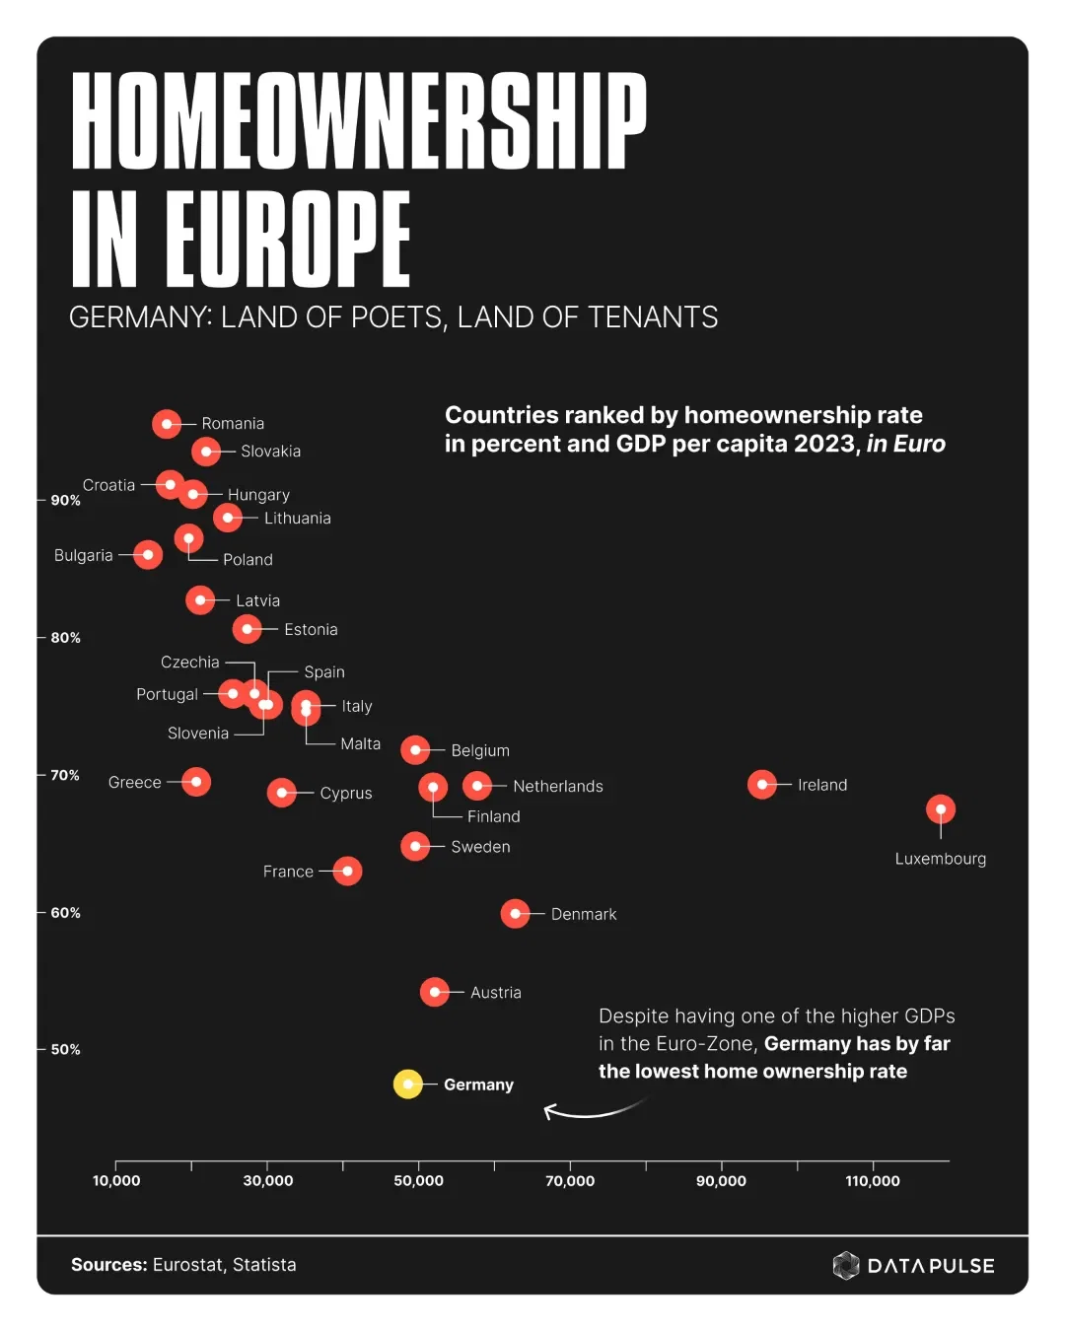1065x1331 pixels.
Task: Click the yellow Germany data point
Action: (x=408, y=1084)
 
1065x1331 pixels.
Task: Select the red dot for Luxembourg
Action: (x=941, y=809)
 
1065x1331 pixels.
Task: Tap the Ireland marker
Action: (x=762, y=784)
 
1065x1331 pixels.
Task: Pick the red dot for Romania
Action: (x=167, y=423)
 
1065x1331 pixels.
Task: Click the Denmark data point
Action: (x=515, y=914)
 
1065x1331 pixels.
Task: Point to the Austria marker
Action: (x=435, y=992)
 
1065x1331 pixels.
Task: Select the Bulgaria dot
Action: (x=148, y=554)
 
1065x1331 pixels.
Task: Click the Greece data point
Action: (x=196, y=782)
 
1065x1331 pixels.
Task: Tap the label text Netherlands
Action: (x=557, y=786)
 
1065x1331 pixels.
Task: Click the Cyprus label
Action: (x=346, y=793)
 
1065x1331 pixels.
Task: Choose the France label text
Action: (x=288, y=872)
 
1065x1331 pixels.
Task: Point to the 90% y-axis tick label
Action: (x=66, y=501)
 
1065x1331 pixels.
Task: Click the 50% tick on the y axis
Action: (x=66, y=1050)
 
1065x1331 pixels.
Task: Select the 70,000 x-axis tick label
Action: (x=570, y=1181)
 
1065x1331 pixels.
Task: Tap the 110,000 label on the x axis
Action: (x=873, y=1181)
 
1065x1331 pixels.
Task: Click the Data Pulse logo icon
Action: (x=846, y=1265)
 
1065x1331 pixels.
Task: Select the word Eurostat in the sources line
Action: (x=187, y=1265)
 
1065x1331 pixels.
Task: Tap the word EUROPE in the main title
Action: (x=287, y=239)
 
